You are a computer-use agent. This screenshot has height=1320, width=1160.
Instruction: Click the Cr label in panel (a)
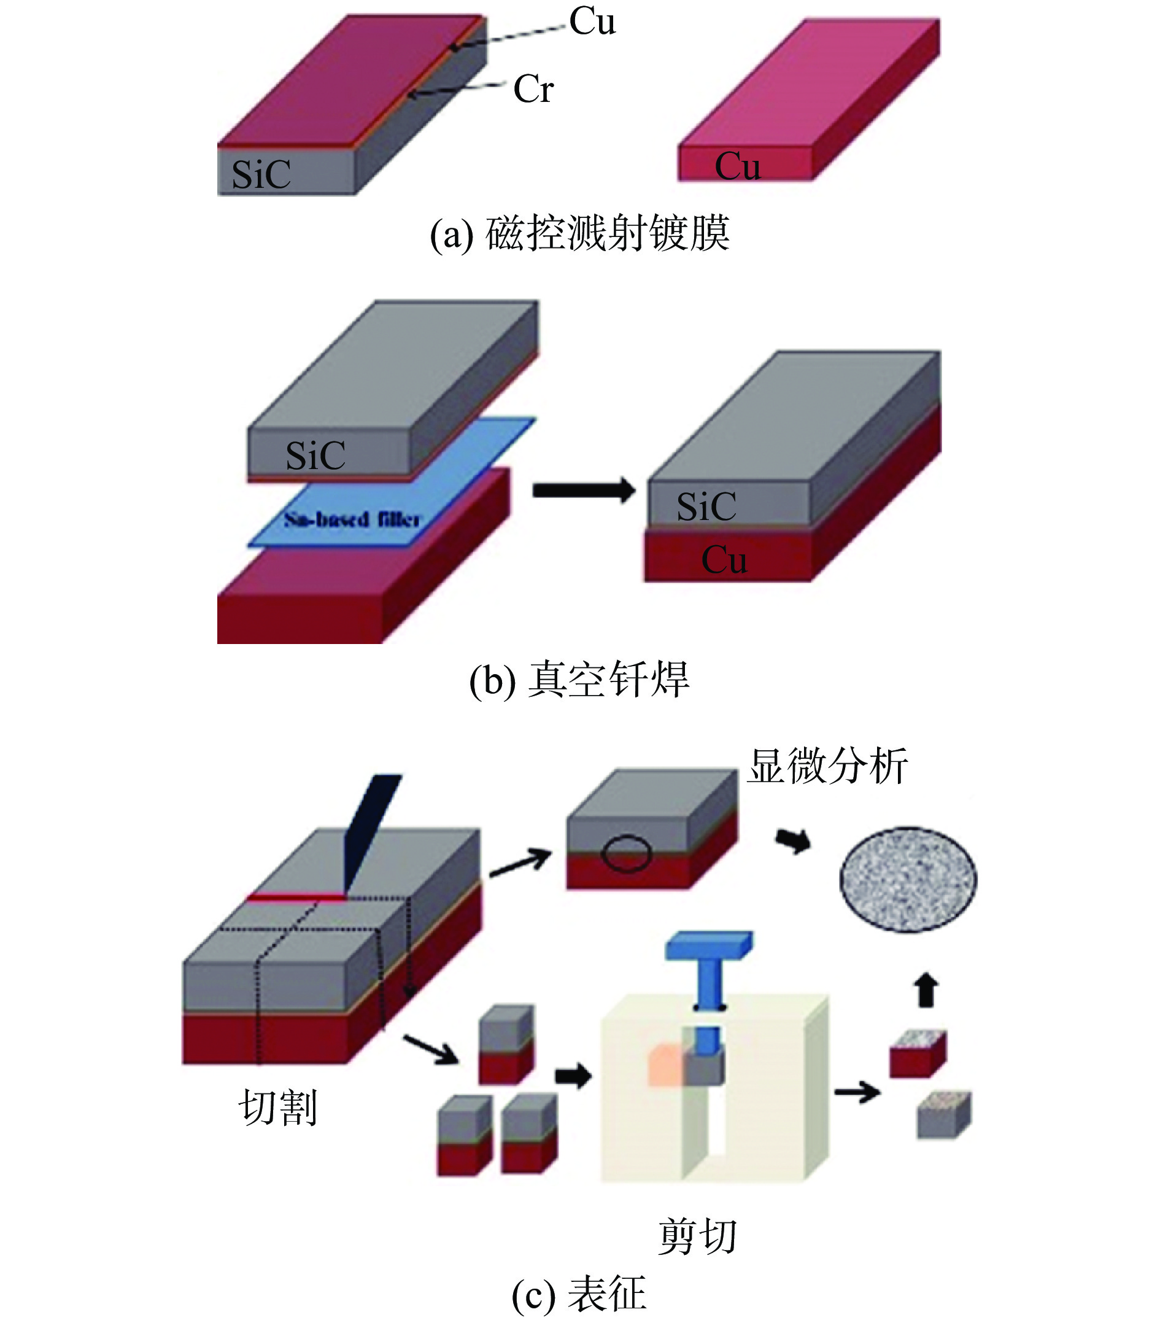[533, 89]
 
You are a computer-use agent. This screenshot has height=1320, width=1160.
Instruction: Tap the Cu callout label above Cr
[592, 22]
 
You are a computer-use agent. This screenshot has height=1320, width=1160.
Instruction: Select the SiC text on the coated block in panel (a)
[261, 174]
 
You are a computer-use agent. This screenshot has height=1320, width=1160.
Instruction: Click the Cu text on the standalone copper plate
[737, 166]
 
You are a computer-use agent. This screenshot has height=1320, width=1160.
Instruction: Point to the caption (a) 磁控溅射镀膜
[579, 234]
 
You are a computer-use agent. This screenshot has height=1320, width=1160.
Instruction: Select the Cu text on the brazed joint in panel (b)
[724, 559]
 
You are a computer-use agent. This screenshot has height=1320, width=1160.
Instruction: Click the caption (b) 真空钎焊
[579, 680]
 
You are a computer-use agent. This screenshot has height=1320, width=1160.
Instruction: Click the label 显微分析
[827, 767]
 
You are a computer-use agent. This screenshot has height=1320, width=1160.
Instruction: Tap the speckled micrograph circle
[908, 879]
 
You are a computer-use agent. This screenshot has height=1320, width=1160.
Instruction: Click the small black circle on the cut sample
[625, 854]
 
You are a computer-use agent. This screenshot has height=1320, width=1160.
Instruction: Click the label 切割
[277, 1108]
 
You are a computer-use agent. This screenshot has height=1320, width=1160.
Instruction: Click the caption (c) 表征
[579, 1294]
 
